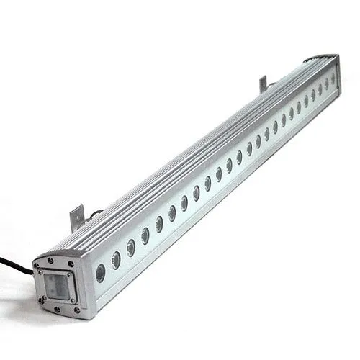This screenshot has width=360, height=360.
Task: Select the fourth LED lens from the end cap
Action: pos(145,233)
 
